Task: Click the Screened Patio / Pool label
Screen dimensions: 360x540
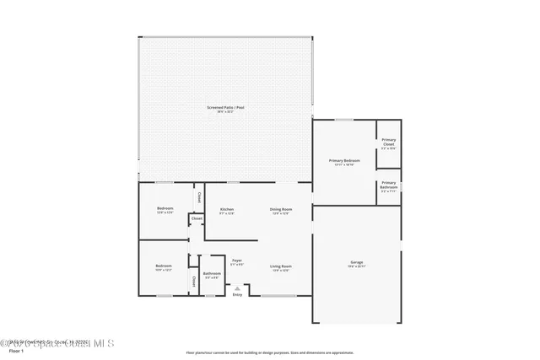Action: point(226,108)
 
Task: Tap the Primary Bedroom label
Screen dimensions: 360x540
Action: point(344,160)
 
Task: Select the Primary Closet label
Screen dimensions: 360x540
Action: point(388,142)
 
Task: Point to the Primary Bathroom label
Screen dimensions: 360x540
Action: point(388,184)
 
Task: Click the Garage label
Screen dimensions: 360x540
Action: point(357,263)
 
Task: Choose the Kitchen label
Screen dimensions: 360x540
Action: point(227,209)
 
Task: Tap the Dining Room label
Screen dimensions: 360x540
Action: point(280,209)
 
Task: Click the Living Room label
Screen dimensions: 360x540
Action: point(280,266)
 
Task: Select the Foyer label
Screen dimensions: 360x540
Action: point(237,261)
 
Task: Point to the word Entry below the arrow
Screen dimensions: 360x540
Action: point(237,294)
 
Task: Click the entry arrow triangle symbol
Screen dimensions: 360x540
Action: point(237,287)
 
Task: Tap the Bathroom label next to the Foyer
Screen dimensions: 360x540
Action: point(212,273)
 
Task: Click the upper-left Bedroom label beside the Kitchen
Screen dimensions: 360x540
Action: point(165,208)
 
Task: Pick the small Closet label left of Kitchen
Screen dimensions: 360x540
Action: point(197,218)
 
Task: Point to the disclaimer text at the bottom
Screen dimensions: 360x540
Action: point(270,352)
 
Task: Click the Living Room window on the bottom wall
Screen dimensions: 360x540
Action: point(272,297)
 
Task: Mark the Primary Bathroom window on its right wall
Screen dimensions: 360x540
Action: point(401,185)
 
